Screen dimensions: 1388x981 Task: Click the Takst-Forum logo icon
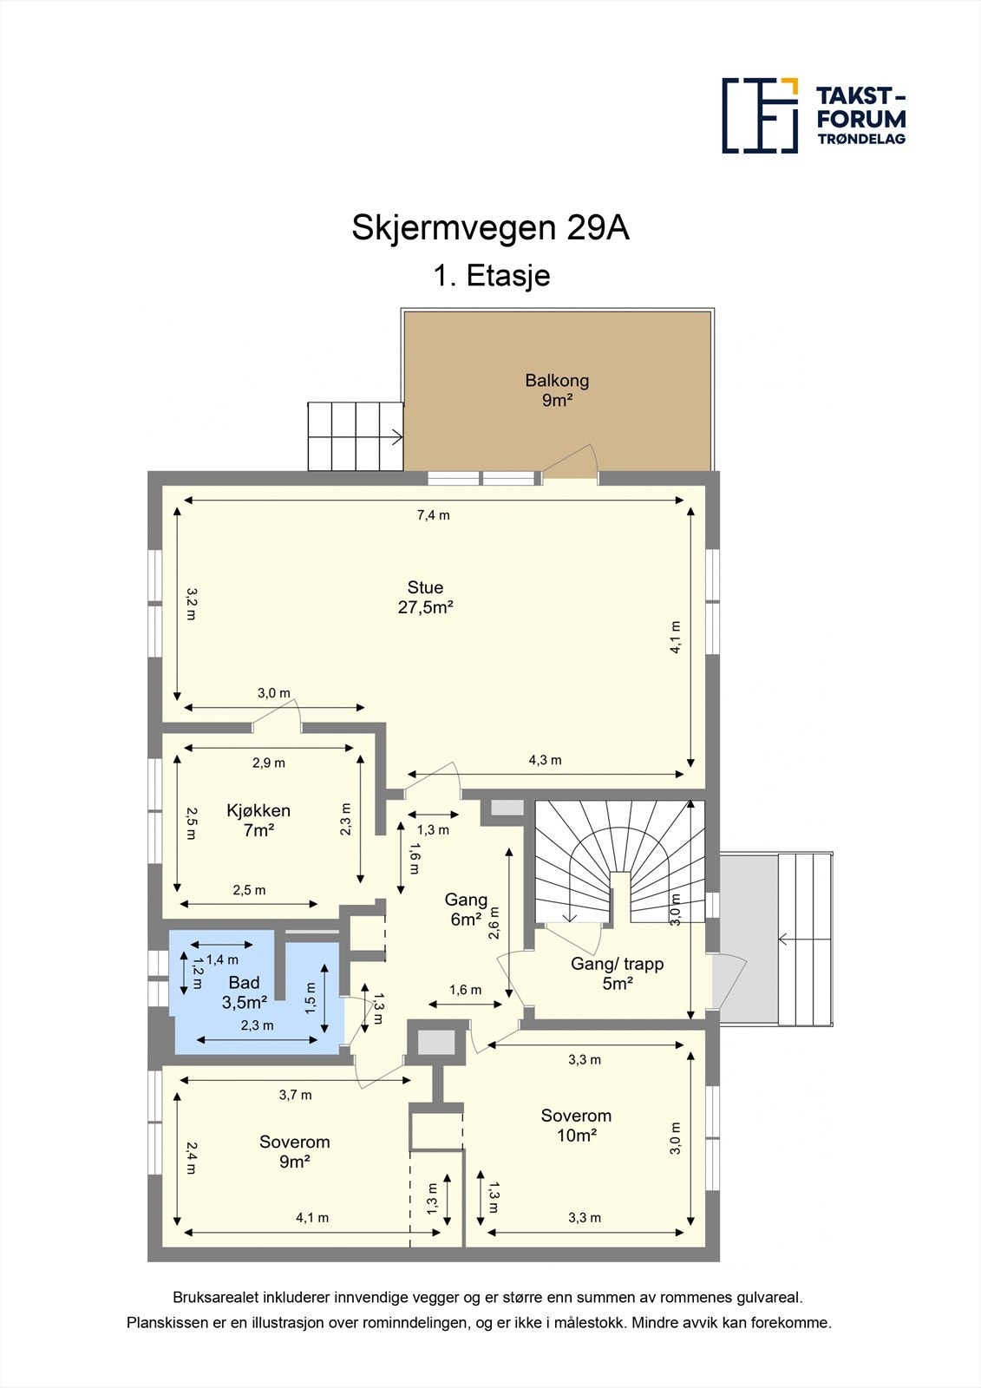pyautogui.click(x=760, y=115)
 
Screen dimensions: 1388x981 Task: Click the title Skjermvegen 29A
pyautogui.click(x=490, y=228)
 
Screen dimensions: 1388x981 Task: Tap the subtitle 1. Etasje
pyautogui.click(x=492, y=276)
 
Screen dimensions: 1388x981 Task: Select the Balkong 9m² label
pyautogui.click(x=557, y=390)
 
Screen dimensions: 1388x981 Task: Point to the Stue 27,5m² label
pyautogui.click(x=425, y=597)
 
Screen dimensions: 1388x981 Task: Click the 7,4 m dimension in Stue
pyautogui.click(x=434, y=514)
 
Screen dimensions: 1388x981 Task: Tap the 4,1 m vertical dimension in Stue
pyautogui.click(x=676, y=636)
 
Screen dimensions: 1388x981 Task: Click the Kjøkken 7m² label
pyautogui.click(x=258, y=820)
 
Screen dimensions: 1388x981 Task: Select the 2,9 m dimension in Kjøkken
pyautogui.click(x=269, y=763)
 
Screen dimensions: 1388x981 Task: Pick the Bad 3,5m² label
pyautogui.click(x=244, y=992)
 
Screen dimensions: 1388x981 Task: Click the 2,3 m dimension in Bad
pyautogui.click(x=257, y=1025)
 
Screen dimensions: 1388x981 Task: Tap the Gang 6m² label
pyautogui.click(x=466, y=909)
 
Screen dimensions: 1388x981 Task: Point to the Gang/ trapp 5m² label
pyautogui.click(x=617, y=972)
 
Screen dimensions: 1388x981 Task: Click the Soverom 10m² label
pyautogui.click(x=576, y=1125)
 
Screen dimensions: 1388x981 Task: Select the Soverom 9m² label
pyautogui.click(x=295, y=1151)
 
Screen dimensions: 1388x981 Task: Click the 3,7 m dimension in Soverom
pyautogui.click(x=295, y=1095)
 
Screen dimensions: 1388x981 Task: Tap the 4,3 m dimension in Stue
pyautogui.click(x=545, y=760)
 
